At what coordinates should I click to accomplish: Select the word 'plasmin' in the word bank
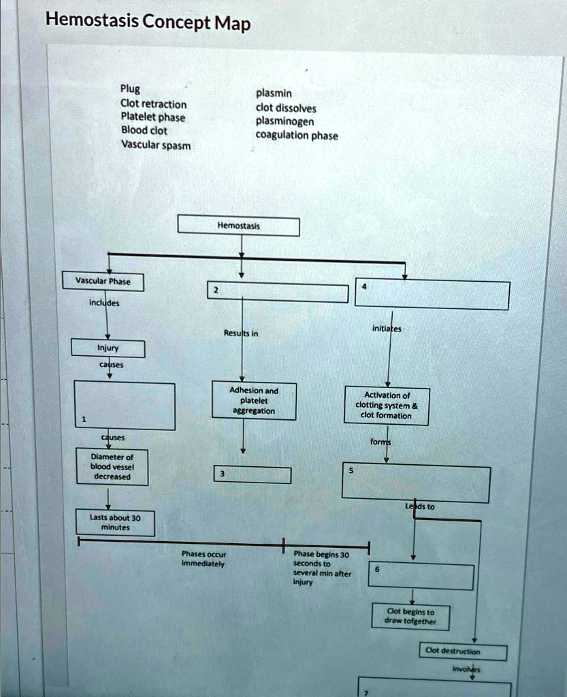tap(274, 93)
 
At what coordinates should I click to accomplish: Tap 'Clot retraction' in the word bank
tap(153, 103)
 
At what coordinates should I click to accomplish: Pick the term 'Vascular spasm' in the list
tap(156, 145)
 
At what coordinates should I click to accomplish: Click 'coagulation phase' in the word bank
tap(296, 135)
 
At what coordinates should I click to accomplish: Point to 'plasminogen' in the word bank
tap(284, 121)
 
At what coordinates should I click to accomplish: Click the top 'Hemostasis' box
tap(238, 226)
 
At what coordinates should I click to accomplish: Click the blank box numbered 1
tap(124, 406)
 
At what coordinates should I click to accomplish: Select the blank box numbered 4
tap(432, 295)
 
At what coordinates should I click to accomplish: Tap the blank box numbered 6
tap(421, 577)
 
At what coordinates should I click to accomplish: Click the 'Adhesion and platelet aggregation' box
tap(253, 401)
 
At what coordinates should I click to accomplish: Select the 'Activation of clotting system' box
tap(386, 406)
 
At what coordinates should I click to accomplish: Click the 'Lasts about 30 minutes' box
tap(115, 523)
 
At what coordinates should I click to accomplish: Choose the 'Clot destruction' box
tap(463, 651)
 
